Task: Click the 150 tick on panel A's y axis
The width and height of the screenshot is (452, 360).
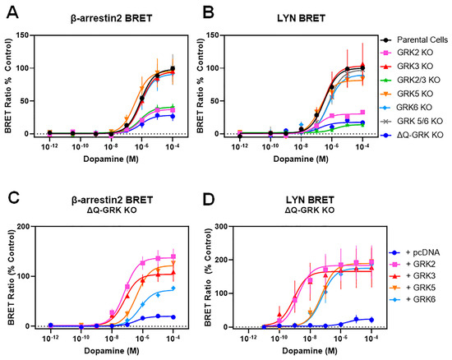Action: [35, 35]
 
